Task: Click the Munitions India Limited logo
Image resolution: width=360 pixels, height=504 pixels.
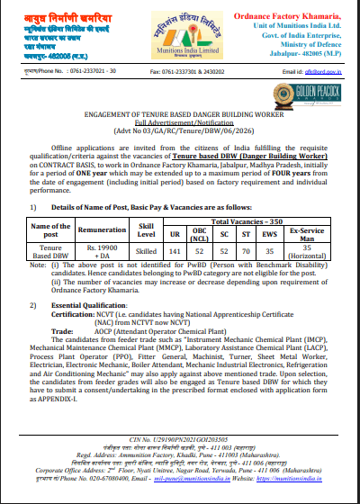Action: (180, 40)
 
